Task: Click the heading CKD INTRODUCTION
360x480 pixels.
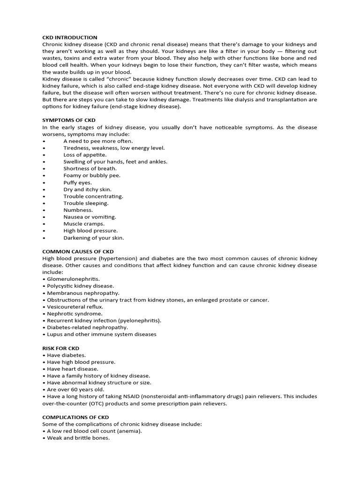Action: click(70, 37)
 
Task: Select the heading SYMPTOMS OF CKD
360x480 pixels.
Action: click(68, 120)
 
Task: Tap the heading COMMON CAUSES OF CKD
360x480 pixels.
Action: click(78, 252)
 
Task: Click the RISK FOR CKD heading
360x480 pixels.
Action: click(60, 348)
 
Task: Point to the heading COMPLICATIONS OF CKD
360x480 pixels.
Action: click(75, 417)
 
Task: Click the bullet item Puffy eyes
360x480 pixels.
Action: click(78, 182)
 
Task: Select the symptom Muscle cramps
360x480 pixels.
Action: click(84, 224)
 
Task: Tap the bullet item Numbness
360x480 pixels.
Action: click(78, 210)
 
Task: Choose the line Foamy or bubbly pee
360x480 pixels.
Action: click(92, 175)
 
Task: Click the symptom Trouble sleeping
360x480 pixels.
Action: click(86, 203)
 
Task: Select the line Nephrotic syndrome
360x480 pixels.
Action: click(75, 314)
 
